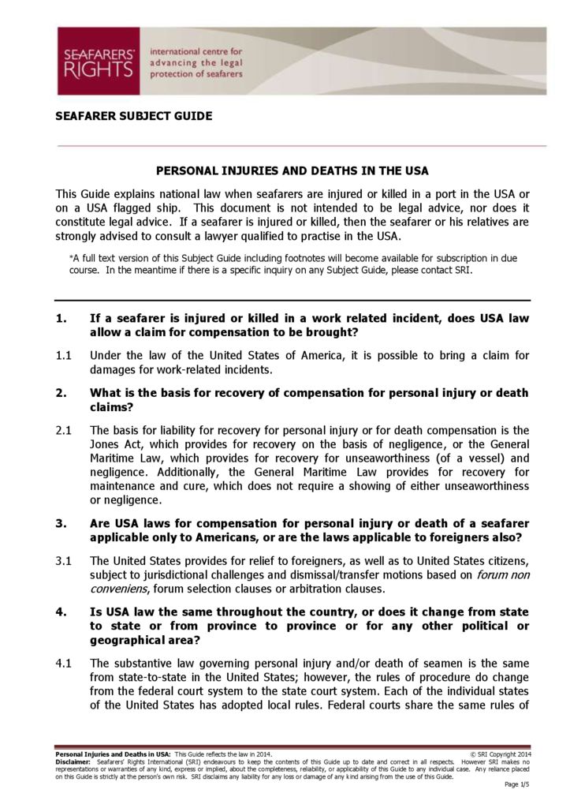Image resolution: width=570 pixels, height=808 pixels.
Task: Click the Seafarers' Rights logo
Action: [98, 61]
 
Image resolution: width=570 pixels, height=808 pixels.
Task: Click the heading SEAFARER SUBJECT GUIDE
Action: [133, 116]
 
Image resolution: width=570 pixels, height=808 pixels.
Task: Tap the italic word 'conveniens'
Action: [118, 589]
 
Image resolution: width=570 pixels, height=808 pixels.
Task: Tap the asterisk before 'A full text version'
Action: [73, 257]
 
